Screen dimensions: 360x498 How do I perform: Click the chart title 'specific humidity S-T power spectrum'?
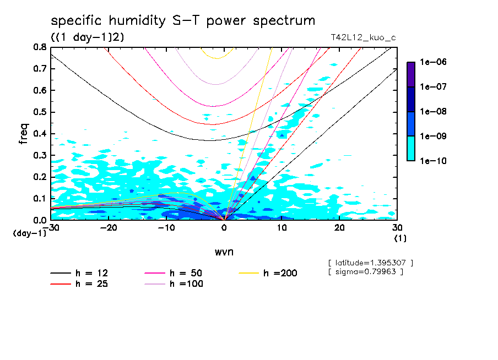[x=183, y=21]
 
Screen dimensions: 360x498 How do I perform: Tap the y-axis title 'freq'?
[x=24, y=133]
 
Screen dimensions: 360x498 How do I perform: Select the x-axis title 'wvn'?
[x=224, y=252]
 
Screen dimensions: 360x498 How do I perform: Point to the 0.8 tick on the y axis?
[x=40, y=47]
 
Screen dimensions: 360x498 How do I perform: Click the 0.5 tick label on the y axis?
[x=40, y=112]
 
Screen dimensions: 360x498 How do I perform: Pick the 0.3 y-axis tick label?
[x=40, y=155]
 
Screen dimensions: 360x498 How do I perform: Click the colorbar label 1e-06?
[x=433, y=63]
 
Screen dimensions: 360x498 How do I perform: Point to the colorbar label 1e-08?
[x=433, y=112]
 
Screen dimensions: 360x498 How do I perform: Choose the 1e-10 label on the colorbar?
[x=433, y=161]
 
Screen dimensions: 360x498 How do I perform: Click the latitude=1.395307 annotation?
[x=370, y=263]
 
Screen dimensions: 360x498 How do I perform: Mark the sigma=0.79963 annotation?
[x=365, y=272]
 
